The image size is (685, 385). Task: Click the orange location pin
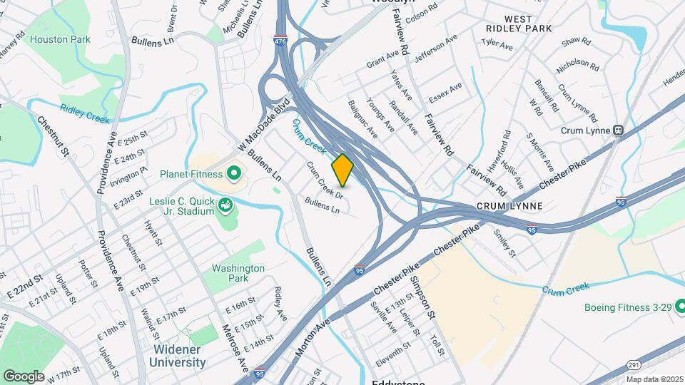point(342,170)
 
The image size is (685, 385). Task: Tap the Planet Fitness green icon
point(233,173)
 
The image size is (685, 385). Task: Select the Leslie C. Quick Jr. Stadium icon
point(225,206)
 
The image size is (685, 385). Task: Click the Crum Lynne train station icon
point(619,130)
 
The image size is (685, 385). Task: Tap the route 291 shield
point(634,364)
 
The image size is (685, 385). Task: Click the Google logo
point(24,376)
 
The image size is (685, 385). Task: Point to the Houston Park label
point(60,39)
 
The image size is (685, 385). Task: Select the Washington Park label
point(238,274)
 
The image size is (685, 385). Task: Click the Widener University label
point(178,356)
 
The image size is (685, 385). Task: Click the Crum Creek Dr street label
point(325,180)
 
